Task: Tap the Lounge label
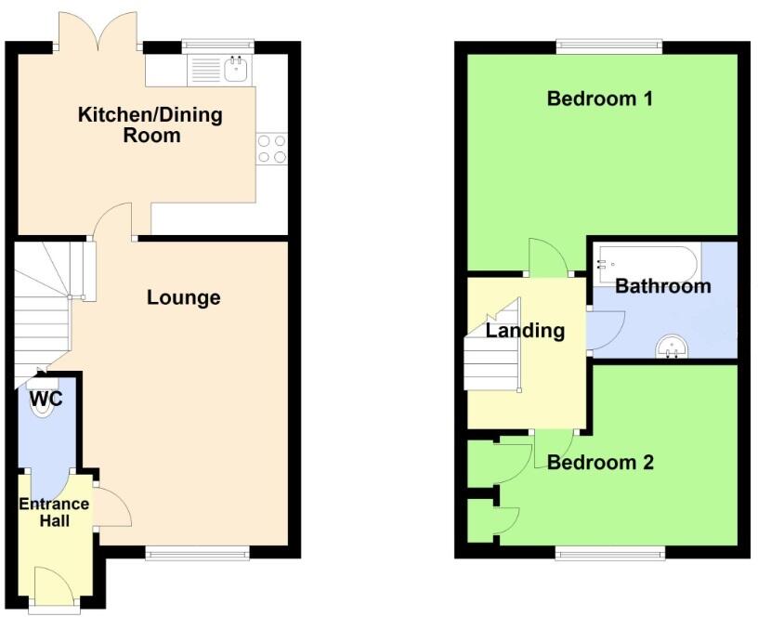point(184,297)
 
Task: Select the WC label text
point(46,400)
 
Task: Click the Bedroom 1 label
point(599,98)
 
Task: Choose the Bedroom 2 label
point(600,462)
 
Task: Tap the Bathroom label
point(662,286)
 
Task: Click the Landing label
point(526,330)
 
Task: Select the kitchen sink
point(235,68)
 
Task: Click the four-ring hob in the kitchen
point(271,149)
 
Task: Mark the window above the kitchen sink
point(217,44)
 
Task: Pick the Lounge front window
point(198,553)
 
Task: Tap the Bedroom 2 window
point(610,553)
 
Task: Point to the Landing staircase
point(492,353)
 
